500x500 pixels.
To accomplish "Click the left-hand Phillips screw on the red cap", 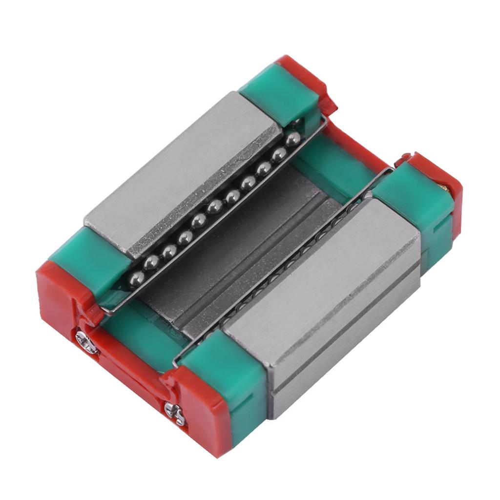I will (86, 342).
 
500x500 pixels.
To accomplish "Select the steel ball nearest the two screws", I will (136, 279).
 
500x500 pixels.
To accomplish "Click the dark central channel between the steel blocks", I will (244, 254).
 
